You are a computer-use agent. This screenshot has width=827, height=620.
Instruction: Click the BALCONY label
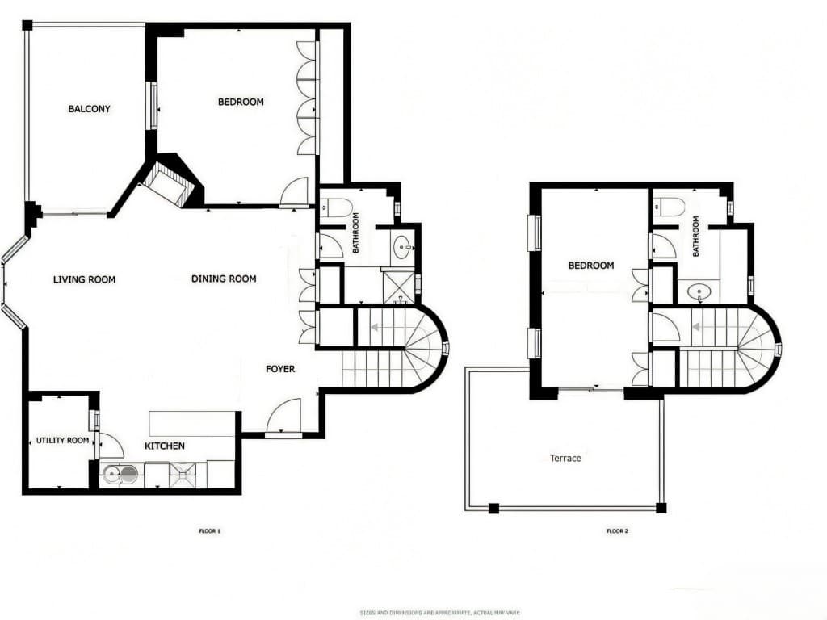(x=89, y=109)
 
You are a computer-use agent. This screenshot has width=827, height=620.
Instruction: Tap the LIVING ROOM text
(x=84, y=280)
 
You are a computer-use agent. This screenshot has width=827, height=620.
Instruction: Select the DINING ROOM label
(x=224, y=279)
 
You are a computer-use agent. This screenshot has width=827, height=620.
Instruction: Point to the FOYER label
(x=280, y=369)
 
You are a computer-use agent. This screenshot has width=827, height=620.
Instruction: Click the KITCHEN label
(x=165, y=446)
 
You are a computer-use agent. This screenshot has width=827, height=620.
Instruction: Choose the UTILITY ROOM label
(x=61, y=441)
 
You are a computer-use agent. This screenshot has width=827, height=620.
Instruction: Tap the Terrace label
(x=565, y=459)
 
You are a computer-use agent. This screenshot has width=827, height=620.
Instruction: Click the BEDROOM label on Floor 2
(x=590, y=266)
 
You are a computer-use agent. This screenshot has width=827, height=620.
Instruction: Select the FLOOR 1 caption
(x=209, y=531)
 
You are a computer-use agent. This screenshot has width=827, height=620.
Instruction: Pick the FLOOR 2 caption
(x=617, y=531)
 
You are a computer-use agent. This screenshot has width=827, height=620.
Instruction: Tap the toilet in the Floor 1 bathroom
(x=339, y=207)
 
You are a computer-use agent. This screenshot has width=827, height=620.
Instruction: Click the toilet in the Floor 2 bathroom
(x=671, y=206)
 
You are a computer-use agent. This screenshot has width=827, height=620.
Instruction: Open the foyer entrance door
(x=284, y=417)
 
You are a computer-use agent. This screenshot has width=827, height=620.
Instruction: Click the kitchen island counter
(x=191, y=423)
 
